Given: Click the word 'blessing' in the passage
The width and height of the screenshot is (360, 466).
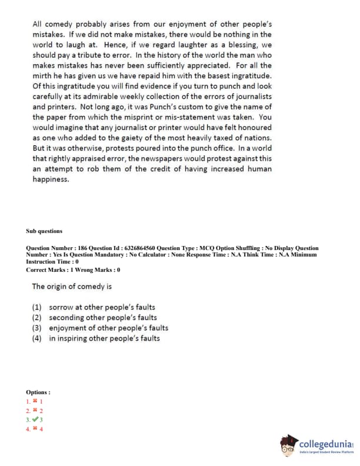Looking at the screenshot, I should pos(244,45).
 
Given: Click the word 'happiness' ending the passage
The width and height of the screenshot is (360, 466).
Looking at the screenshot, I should pos(50,179).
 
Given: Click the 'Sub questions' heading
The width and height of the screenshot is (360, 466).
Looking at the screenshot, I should pos(44,231).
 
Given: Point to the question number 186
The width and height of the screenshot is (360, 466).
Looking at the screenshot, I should pos(78,248).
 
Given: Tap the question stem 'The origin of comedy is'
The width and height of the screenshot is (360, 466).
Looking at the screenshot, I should pos(72,287).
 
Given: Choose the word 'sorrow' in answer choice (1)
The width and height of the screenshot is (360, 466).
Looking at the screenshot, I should pos(61,307).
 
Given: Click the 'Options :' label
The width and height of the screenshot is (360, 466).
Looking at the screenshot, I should pos(38,392).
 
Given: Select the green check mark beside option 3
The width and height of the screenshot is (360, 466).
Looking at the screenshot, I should pos(36,420).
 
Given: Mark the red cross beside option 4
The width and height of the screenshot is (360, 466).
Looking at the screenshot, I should pos(36,430).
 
